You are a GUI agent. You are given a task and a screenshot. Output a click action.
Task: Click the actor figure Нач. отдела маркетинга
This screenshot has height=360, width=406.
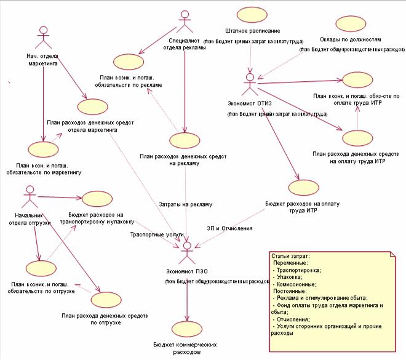[x=42, y=38]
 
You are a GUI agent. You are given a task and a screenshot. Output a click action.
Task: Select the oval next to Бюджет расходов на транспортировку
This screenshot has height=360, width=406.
[x=95, y=199]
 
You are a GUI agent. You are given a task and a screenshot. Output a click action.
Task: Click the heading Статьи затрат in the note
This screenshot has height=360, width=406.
[x=291, y=255]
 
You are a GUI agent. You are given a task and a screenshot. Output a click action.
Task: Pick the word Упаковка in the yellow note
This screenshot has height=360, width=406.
[x=290, y=277]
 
